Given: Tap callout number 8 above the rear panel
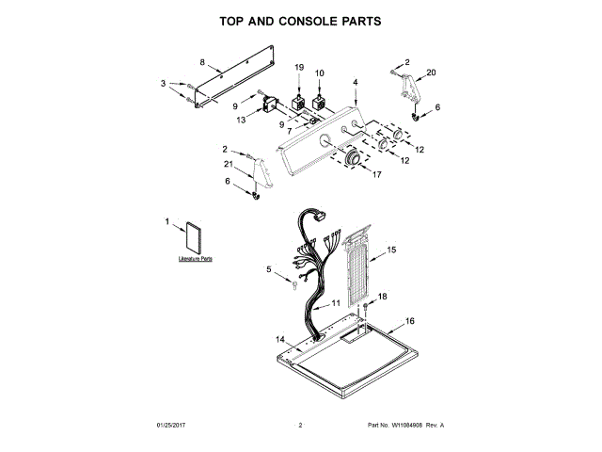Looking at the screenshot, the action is pyautogui.click(x=202, y=62).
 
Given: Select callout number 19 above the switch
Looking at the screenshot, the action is pyautogui.click(x=299, y=68).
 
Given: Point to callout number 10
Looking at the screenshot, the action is pyautogui.click(x=319, y=73).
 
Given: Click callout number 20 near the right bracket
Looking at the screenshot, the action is pyautogui.click(x=432, y=73).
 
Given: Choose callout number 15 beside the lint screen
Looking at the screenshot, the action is pyautogui.click(x=392, y=250).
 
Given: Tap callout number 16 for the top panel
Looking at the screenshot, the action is pyautogui.click(x=409, y=321).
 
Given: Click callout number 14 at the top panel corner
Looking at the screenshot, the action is pyautogui.click(x=279, y=339).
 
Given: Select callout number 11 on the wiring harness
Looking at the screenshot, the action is pyautogui.click(x=336, y=304).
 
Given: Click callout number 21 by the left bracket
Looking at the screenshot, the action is pyautogui.click(x=228, y=165).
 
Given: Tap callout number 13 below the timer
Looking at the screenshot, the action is pyautogui.click(x=241, y=120).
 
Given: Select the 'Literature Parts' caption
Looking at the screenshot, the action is pyautogui.click(x=196, y=257).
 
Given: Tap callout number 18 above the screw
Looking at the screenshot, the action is pyautogui.click(x=382, y=297).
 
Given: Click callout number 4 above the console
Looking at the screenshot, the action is pyautogui.click(x=356, y=82).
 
